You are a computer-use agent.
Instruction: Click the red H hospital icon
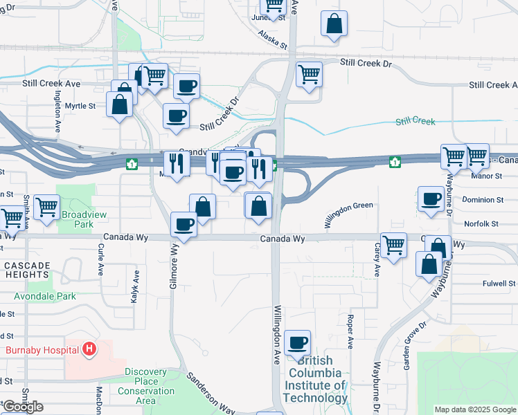(x=89, y=349)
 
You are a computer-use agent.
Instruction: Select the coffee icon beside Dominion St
(x=431, y=199)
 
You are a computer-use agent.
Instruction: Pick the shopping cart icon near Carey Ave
(x=393, y=245)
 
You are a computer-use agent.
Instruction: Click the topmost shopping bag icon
(x=334, y=23)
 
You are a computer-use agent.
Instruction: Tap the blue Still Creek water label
(x=415, y=122)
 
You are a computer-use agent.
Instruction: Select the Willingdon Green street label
(x=348, y=214)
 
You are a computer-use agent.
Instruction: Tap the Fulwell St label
(x=499, y=284)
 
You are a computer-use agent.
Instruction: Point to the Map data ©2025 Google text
(x=474, y=409)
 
